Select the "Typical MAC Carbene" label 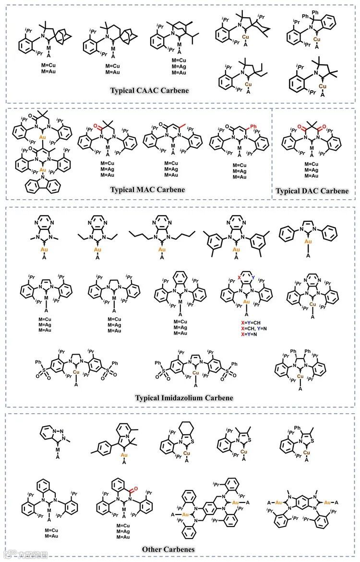point(147,189)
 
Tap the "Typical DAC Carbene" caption point(312,191)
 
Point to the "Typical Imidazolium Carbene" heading point(184,397)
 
